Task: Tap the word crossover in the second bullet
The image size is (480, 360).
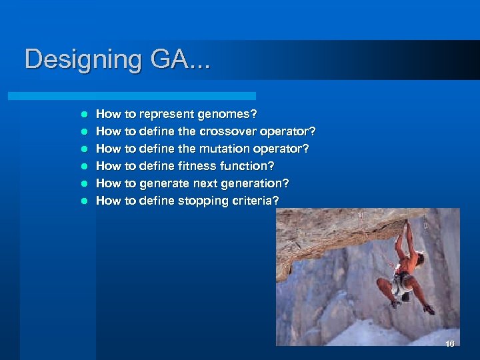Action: [x=225, y=131]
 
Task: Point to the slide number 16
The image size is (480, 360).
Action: [x=449, y=344]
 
